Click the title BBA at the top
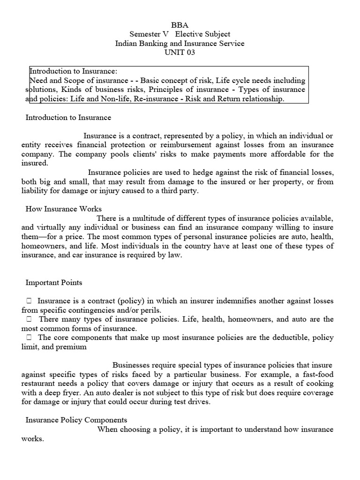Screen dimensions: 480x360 point(180,25)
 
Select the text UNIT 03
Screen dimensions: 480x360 point(180,52)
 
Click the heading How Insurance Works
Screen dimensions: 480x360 point(63,209)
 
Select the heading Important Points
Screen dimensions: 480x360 point(53,283)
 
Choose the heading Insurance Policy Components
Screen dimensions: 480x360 point(76,420)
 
